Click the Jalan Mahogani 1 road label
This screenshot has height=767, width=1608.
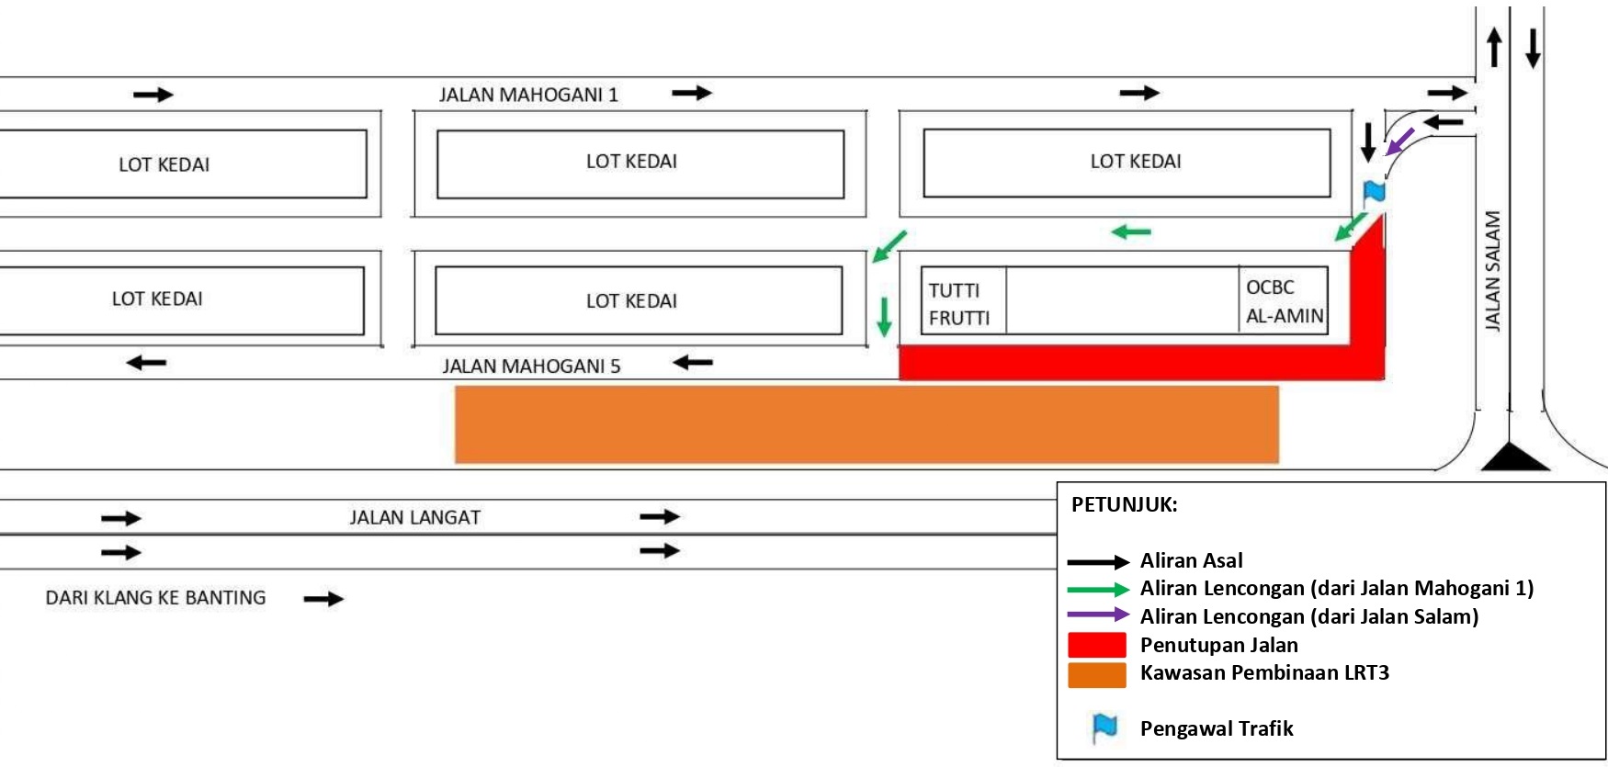(528, 95)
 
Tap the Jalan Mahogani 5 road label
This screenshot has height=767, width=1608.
(531, 367)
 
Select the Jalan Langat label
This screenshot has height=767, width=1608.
(414, 518)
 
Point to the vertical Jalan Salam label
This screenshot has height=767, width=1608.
(1492, 271)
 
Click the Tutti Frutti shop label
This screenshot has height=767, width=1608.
(959, 304)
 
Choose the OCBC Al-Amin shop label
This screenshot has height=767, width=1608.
(1284, 301)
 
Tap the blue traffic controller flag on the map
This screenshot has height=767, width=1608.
(1374, 192)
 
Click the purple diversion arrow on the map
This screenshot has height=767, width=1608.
(1399, 142)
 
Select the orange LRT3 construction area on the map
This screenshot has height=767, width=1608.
(866, 424)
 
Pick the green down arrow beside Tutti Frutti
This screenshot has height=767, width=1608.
(884, 317)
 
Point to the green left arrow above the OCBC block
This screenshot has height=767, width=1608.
(1131, 232)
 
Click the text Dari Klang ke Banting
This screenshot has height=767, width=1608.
(155, 598)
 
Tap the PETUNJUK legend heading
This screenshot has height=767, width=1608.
(1124, 504)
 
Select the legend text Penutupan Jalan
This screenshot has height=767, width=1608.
(1218, 645)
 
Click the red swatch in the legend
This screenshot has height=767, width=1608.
(1096, 645)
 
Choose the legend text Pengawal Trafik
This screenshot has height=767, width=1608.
(1216, 728)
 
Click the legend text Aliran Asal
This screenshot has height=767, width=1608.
(1191, 560)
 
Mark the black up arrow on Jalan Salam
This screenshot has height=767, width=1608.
(1494, 47)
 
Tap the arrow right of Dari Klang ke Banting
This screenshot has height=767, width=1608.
(323, 599)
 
